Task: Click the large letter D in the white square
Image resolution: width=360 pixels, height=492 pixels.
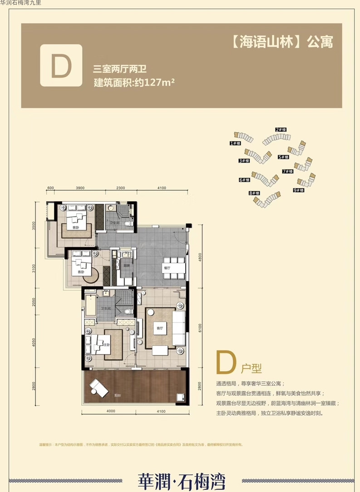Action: pos(61,65)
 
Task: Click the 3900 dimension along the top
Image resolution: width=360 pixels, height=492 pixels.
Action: pos(80,188)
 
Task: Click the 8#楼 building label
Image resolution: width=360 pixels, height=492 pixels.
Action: pos(254,193)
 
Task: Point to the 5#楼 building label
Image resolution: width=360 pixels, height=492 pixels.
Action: pos(283,157)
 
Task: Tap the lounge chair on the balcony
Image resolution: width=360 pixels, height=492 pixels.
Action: pos(99,387)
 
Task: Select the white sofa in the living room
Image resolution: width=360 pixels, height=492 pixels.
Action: pos(178,328)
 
